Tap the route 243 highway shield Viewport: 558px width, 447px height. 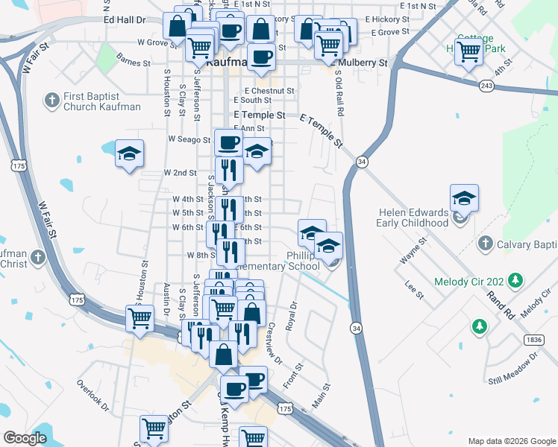click(x=486, y=86)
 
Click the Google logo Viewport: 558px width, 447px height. click(x=25, y=438)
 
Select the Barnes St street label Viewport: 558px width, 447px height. click(x=134, y=63)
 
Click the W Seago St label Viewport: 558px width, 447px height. click(x=190, y=139)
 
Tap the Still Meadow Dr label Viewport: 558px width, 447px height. click(x=514, y=370)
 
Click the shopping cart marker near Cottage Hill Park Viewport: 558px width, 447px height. click(x=469, y=52)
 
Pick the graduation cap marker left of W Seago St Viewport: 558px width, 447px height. click(x=130, y=154)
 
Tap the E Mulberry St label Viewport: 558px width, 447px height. click(x=362, y=63)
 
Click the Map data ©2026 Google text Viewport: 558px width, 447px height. click(x=511, y=440)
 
